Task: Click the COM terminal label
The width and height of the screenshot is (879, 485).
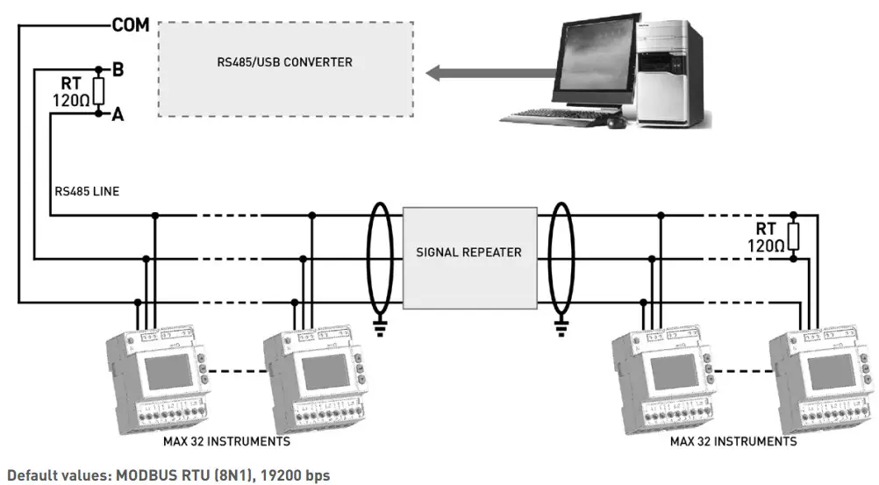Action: pyautogui.click(x=131, y=26)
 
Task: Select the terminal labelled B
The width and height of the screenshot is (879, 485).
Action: pyautogui.click(x=118, y=68)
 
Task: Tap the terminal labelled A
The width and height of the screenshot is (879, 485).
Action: pyautogui.click(x=118, y=114)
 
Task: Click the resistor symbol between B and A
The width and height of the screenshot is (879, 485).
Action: pyautogui.click(x=99, y=91)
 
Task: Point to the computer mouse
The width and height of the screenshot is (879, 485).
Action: pyautogui.click(x=617, y=124)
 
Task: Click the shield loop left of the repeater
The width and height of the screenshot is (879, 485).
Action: pyautogui.click(x=380, y=258)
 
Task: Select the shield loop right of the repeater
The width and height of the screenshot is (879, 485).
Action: pyautogui.click(x=561, y=258)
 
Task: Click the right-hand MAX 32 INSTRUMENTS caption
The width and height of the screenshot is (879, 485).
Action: pyautogui.click(x=733, y=441)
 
